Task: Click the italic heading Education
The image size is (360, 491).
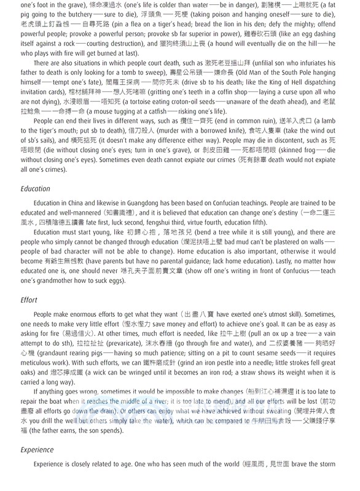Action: [x=36, y=188]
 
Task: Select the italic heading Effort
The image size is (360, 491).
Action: [x=28, y=300]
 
